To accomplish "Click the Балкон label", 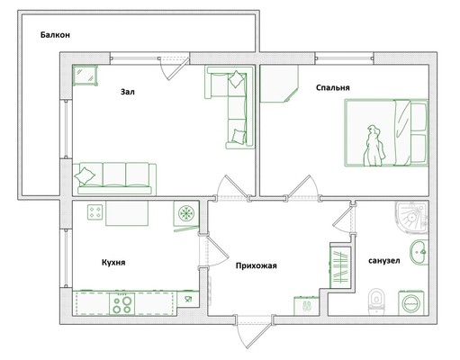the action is [x=55, y=35].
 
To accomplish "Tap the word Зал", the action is [x=128, y=92].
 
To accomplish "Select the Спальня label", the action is [x=333, y=87].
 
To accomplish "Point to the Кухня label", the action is [x=113, y=263].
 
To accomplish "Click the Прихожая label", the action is [x=256, y=265].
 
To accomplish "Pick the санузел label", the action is [x=384, y=261].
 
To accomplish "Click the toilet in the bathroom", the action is [x=376, y=301].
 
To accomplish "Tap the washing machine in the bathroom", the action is [x=411, y=302].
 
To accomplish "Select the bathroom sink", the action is [x=419, y=252].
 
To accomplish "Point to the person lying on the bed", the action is [x=374, y=146].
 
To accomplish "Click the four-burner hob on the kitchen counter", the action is [x=122, y=303].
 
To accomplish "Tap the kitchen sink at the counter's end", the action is [x=188, y=299].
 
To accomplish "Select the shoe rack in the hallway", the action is [x=306, y=306].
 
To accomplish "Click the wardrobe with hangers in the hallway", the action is [x=340, y=265].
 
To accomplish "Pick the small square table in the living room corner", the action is [x=86, y=76].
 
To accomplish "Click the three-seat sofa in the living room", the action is [x=114, y=179].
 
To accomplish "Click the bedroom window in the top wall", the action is [x=345, y=58].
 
